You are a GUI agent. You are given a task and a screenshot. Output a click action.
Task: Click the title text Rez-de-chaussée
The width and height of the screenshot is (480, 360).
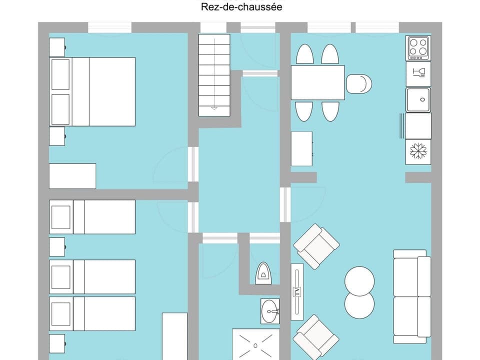(x=241, y=7)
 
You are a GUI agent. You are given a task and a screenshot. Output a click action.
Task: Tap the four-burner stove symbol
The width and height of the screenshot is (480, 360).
(x=418, y=48)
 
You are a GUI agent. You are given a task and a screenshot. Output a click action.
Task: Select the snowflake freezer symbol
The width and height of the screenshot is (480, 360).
(x=417, y=151)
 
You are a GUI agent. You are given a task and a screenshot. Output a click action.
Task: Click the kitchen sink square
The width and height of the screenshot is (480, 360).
(x=418, y=100)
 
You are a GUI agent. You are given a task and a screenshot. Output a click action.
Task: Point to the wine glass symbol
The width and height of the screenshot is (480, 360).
(x=418, y=74)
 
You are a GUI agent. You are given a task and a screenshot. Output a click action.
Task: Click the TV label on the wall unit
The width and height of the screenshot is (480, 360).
(x=297, y=292)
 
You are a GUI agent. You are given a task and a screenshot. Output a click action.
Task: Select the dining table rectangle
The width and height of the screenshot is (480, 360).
(x=318, y=82)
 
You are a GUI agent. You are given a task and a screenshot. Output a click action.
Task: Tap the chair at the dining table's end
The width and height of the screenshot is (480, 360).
(x=359, y=84)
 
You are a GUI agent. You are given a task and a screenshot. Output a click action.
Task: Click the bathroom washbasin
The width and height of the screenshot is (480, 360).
(x=270, y=311)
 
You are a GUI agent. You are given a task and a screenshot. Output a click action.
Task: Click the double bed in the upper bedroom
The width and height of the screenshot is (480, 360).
(x=92, y=91)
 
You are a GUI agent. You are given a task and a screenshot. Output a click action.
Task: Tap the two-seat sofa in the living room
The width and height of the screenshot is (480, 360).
(x=412, y=296)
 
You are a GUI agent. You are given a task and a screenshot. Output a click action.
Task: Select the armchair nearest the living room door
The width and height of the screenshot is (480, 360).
(x=316, y=246)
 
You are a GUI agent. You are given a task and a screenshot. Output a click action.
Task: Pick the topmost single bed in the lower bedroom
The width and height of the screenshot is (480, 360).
(x=92, y=217)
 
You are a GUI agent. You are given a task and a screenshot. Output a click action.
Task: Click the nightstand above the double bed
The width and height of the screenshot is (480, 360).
(x=57, y=47)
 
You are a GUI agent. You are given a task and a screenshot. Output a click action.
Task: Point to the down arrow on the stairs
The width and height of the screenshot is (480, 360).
(x=214, y=107)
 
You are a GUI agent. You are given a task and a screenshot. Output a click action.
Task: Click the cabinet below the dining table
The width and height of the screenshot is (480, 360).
(x=301, y=149)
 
